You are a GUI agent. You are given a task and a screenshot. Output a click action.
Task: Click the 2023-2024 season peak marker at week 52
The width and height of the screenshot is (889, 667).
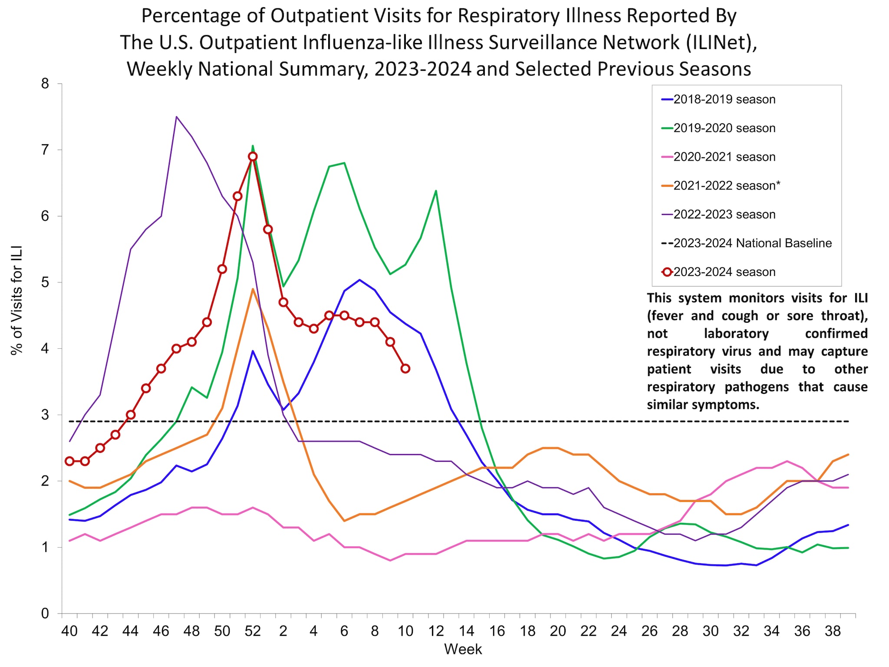(253, 156)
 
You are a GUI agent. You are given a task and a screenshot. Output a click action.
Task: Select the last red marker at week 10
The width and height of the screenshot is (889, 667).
(405, 369)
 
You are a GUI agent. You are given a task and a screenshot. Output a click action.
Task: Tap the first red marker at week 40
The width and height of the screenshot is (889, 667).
(69, 461)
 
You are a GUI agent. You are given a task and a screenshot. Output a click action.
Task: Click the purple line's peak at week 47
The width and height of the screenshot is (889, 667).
(176, 116)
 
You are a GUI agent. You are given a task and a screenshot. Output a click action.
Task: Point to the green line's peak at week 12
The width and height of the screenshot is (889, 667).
(436, 190)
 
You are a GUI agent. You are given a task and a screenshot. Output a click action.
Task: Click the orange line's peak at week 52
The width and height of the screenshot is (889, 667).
(253, 289)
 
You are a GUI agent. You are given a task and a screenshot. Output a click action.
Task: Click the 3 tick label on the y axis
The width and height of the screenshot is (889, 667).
(45, 415)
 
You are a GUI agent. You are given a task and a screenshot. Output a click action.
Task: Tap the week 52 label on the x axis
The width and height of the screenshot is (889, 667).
(253, 631)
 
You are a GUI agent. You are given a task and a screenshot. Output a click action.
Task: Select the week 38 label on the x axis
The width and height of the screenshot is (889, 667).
(833, 631)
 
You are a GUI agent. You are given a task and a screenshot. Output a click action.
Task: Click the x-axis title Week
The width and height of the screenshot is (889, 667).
(463, 650)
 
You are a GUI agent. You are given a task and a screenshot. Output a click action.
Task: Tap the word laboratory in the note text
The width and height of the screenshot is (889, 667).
(736, 333)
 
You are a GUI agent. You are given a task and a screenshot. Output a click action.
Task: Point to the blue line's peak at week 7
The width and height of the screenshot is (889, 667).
(359, 280)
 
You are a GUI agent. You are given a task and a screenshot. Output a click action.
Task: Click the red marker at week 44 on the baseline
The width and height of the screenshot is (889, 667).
(130, 415)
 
